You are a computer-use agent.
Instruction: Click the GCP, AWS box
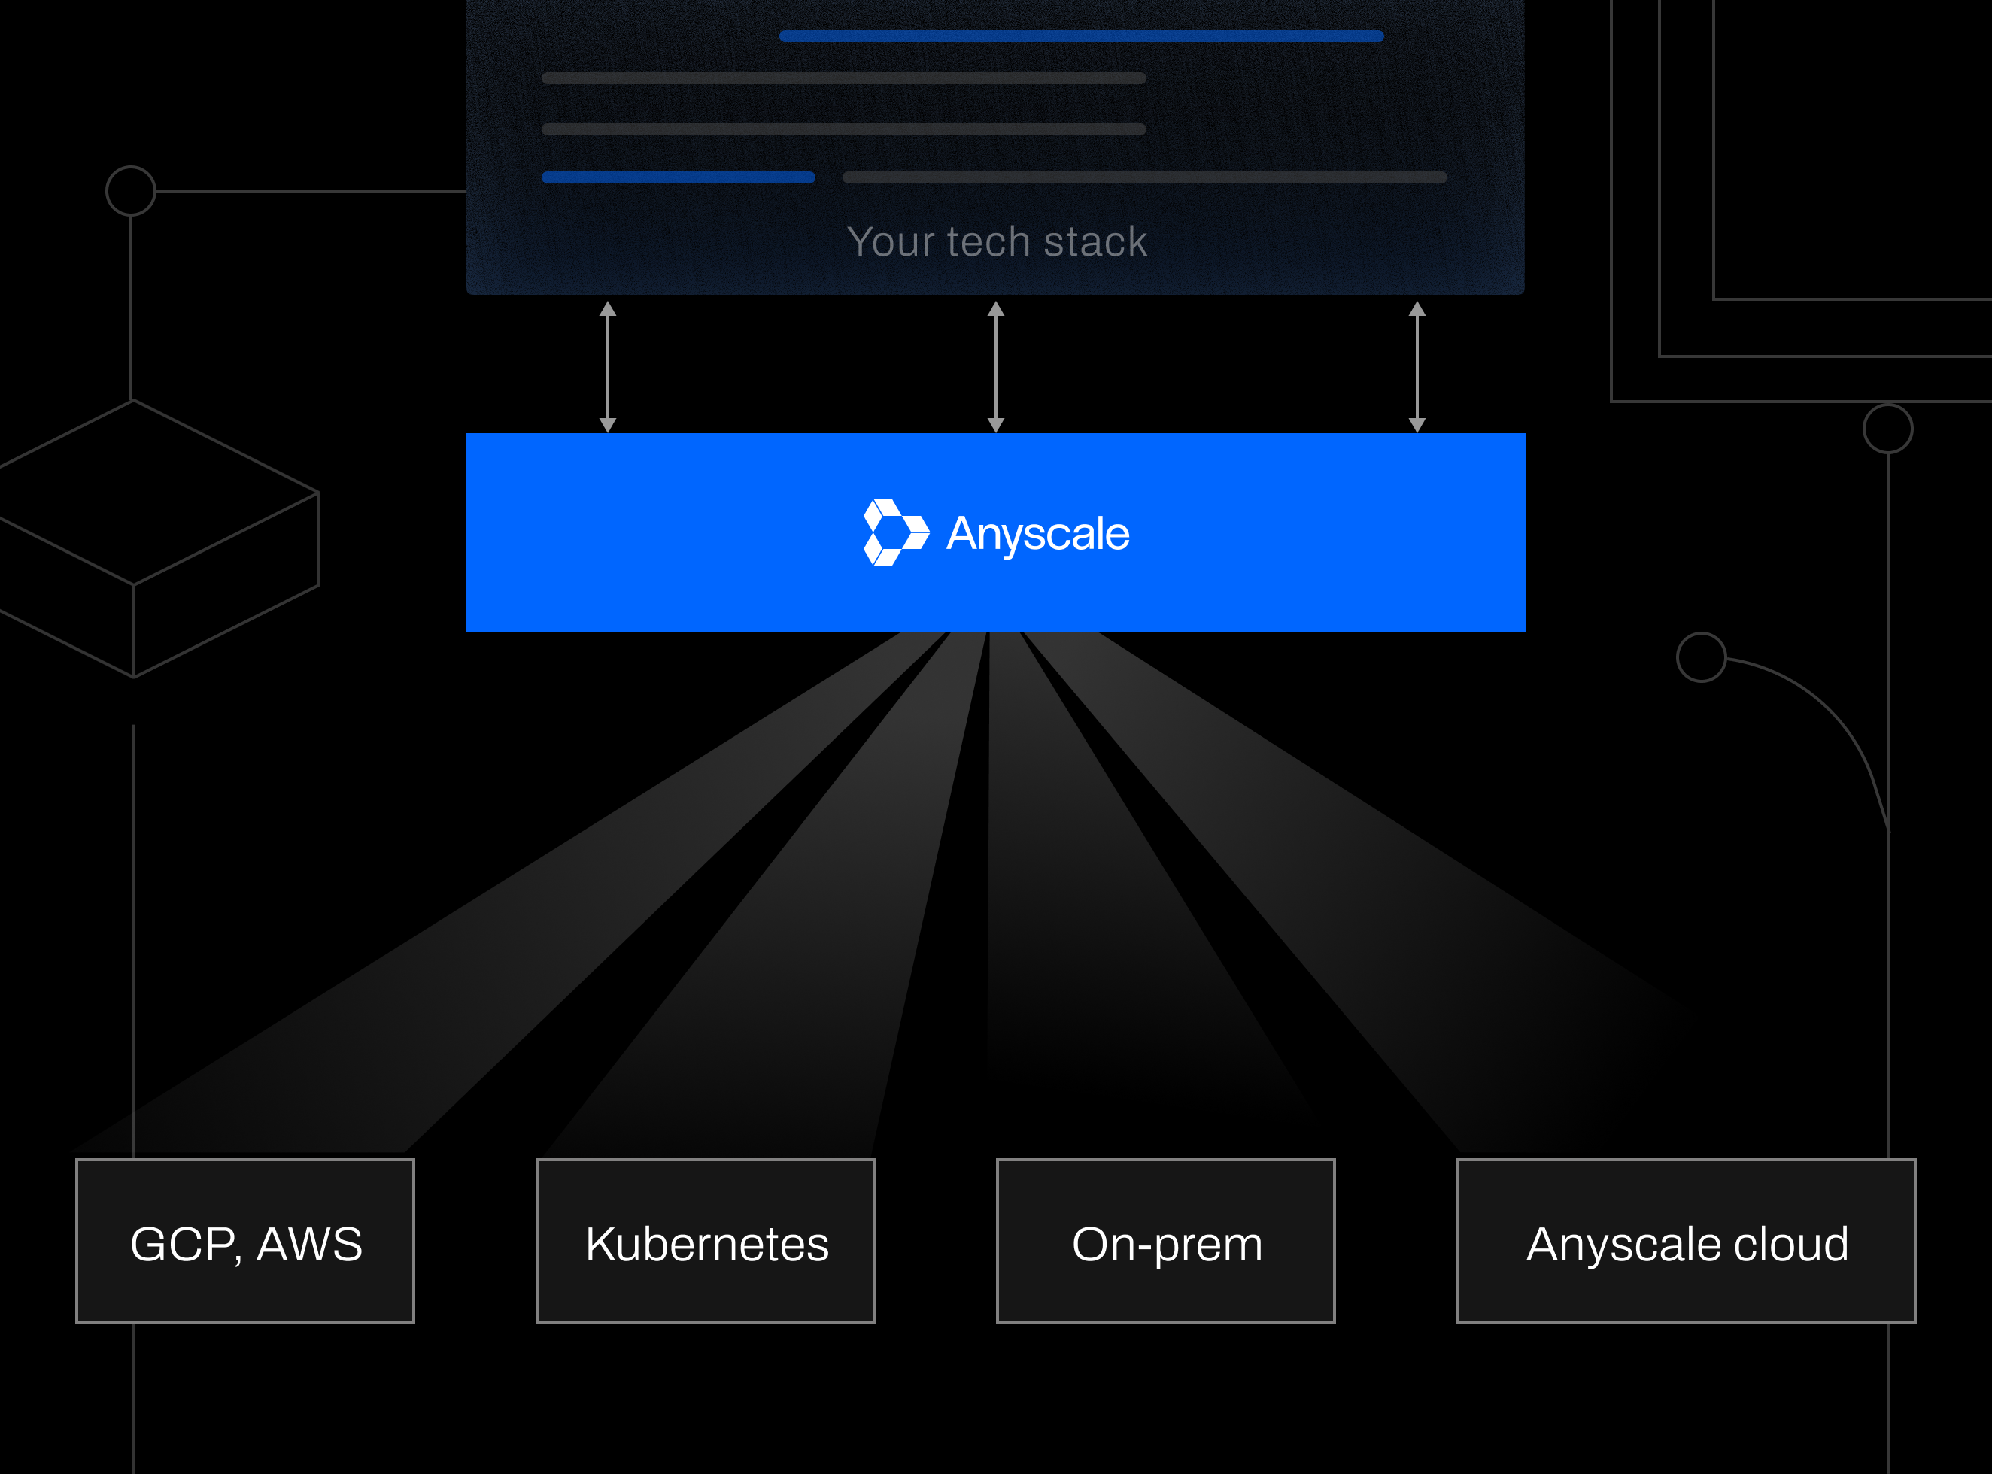(245, 1240)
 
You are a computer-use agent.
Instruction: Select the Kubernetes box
(705, 1240)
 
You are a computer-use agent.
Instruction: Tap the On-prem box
(1165, 1240)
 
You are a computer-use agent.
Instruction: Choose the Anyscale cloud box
(1686, 1240)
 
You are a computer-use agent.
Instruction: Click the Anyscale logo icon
(895, 532)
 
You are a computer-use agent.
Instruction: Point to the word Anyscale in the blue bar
(1038, 533)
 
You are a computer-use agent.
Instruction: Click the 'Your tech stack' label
(997, 242)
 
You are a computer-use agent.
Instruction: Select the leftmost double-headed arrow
(608, 367)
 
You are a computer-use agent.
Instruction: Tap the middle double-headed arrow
(996, 367)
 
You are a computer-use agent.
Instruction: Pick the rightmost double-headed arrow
(1417, 367)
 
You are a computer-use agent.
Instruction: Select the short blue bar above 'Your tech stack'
(679, 177)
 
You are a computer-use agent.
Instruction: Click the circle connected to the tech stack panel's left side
(131, 191)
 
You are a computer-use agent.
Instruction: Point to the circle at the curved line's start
(1701, 657)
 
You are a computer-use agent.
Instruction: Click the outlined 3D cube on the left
(152, 535)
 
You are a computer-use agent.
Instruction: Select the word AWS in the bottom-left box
(310, 1244)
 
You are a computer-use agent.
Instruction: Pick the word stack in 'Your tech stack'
(1095, 242)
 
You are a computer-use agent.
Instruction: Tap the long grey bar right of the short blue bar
(1144, 177)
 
